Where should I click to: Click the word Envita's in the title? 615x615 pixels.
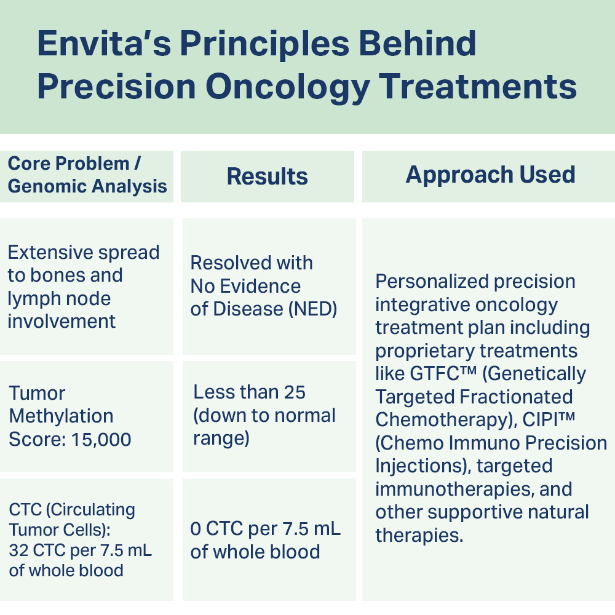(105, 43)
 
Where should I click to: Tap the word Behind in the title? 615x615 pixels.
(418, 43)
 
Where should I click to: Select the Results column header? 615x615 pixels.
(267, 176)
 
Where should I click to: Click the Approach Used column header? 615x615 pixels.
(490, 175)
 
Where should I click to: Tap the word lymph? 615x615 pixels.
(31, 299)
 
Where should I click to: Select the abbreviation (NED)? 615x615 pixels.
(312, 309)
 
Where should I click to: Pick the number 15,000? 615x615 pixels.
(101, 440)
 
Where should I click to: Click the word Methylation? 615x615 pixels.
(61, 416)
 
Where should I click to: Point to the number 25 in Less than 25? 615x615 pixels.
(295, 392)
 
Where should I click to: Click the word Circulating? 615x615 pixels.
(90, 510)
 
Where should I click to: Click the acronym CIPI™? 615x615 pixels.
(549, 419)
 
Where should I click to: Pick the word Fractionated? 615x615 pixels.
(516, 397)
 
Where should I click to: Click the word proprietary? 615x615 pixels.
(424, 351)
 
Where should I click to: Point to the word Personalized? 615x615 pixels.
(432, 281)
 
